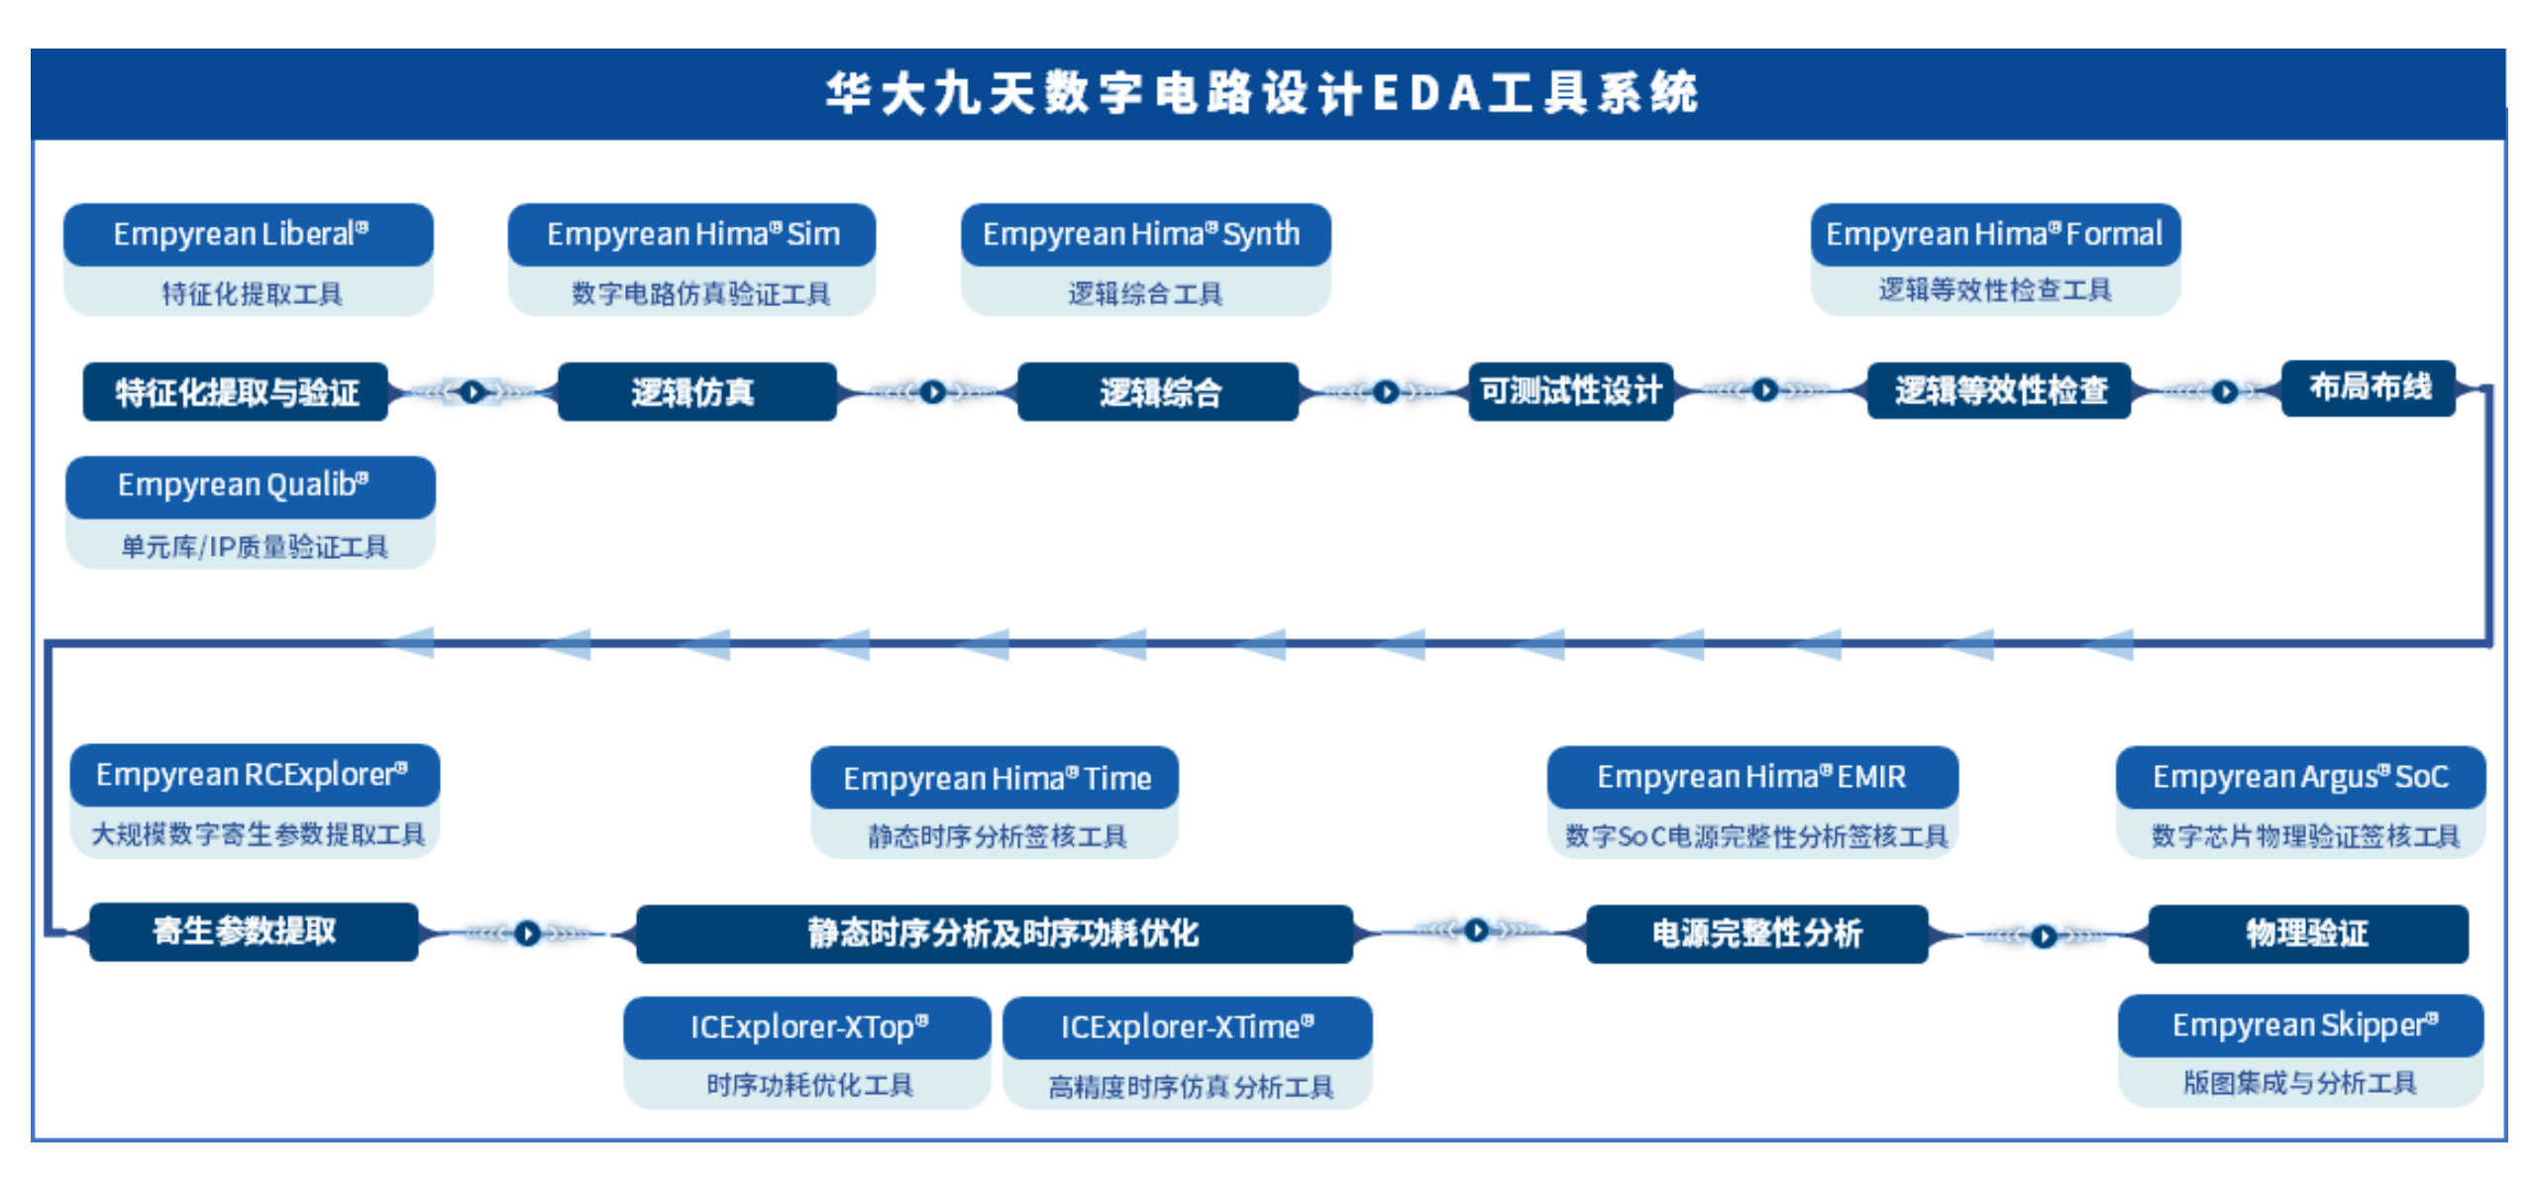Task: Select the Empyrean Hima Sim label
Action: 692,235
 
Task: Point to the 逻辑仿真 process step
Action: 697,392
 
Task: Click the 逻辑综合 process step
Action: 1158,392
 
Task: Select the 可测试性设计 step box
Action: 1570,391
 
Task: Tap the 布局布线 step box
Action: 2369,387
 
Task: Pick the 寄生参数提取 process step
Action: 254,931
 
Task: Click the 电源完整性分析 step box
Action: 1756,933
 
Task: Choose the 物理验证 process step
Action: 2308,933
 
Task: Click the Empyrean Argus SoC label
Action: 2300,777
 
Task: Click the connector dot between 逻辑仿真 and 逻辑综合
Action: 931,392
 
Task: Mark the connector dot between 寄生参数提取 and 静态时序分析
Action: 527,933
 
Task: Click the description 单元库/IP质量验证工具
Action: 254,547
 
